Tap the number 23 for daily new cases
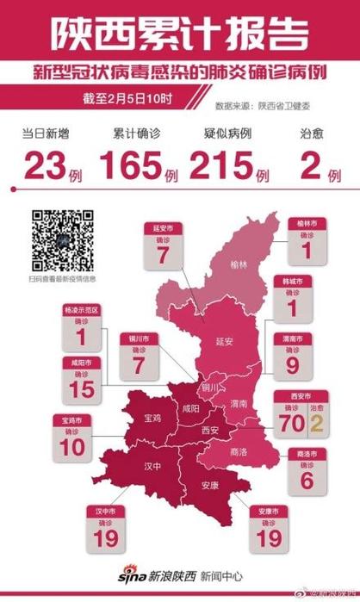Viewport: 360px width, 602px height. (x=42, y=165)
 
